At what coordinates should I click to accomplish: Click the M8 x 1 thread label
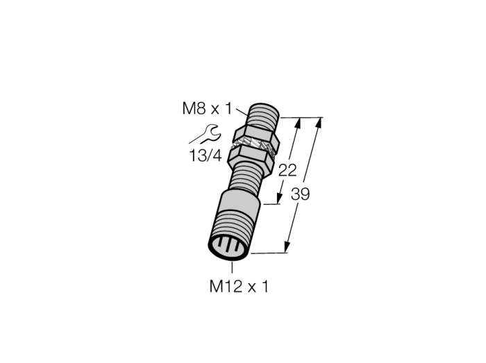[207, 109]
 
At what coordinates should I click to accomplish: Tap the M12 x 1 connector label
[239, 286]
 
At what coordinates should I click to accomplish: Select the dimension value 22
[287, 170]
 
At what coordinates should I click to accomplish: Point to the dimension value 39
[300, 194]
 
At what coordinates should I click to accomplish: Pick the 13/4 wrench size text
[206, 155]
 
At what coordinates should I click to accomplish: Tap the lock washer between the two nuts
[254, 145]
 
